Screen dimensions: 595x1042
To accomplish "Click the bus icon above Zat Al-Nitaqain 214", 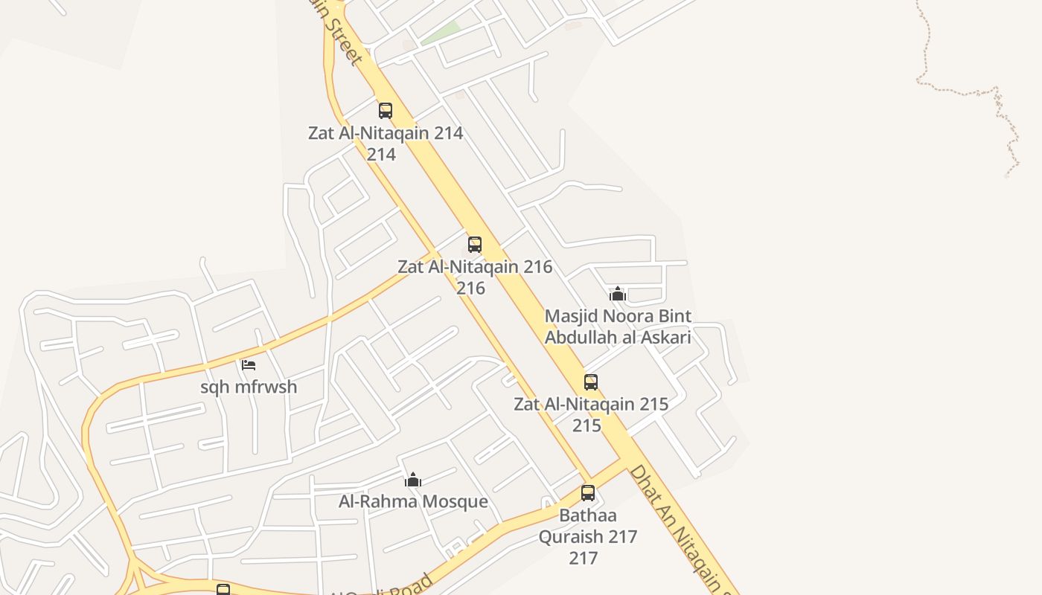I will (385, 111).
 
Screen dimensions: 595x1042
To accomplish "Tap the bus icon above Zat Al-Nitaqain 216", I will (474, 244).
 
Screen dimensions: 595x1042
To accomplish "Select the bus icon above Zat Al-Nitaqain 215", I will (590, 382).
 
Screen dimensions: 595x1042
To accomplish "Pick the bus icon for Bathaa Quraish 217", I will (587, 492).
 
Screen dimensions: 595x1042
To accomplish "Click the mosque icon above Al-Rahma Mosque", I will (413, 479).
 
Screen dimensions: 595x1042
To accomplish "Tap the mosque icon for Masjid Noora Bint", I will (617, 294).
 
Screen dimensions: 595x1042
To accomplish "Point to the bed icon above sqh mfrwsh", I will (249, 364).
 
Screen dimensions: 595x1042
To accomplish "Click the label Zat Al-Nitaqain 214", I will (386, 134).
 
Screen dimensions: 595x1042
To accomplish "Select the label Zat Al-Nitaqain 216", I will (475, 267).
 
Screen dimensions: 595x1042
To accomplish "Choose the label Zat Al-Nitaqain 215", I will (591, 405).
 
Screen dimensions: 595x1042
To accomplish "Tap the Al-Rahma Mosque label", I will (413, 501).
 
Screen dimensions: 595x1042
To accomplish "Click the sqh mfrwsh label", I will (249, 387).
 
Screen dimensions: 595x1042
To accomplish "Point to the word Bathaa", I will (588, 515).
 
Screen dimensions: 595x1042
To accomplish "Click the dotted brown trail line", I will (960, 91).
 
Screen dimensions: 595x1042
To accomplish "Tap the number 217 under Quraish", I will (583, 558).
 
